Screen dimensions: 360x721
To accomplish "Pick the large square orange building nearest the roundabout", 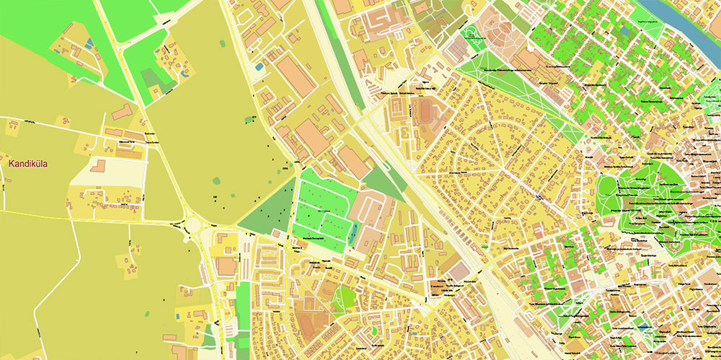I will (226, 266).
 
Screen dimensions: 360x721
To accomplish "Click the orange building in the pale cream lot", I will (98, 166).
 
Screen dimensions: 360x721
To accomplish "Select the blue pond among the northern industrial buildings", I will (259, 67).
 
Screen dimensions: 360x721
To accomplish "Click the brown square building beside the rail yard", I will (459, 271).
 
